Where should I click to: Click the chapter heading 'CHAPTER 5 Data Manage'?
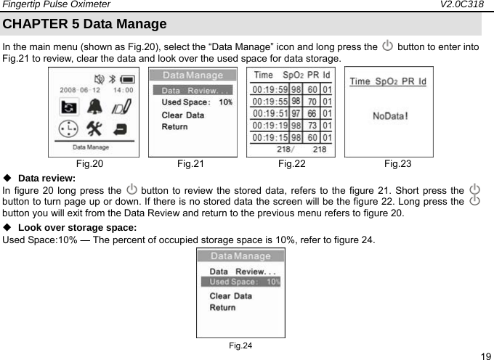point(84,24)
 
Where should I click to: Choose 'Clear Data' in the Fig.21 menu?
point(182,115)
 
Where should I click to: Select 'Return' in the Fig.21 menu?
point(174,127)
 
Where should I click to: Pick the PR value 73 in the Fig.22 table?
point(312,125)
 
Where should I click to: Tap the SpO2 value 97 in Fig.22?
point(296,112)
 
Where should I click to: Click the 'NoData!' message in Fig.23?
point(389,115)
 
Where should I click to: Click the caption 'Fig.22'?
point(291,164)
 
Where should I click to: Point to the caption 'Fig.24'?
point(240,345)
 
